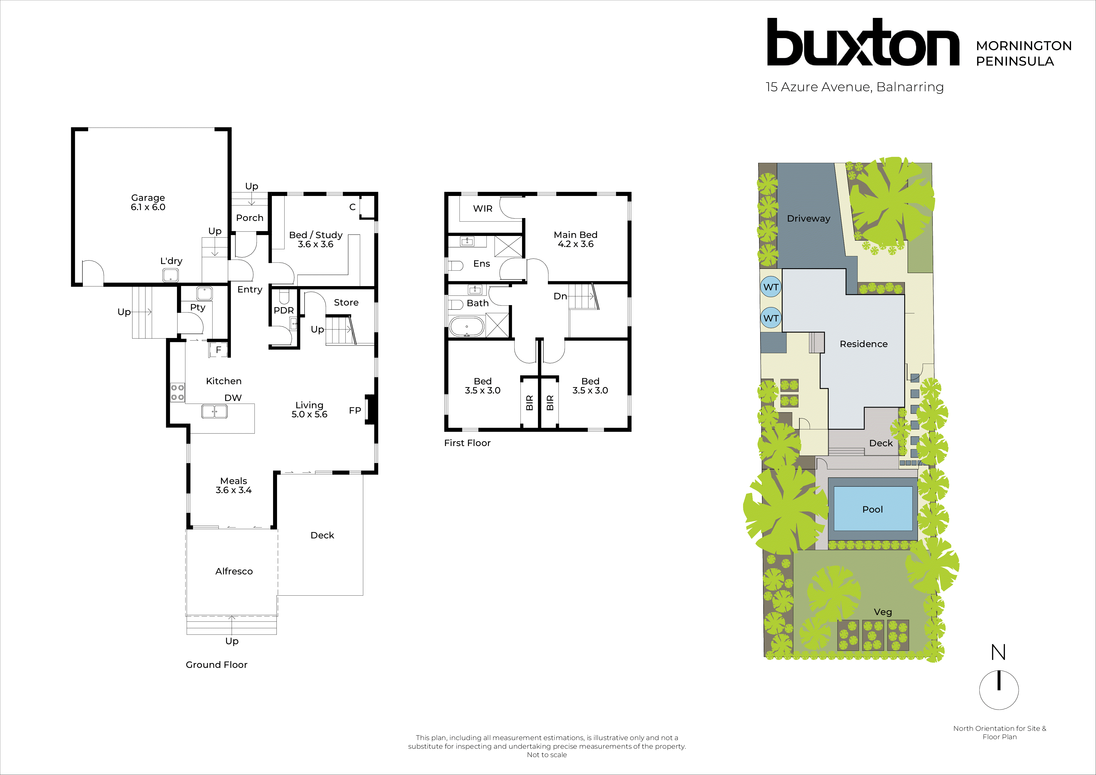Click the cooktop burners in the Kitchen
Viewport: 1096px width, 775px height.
pos(178,392)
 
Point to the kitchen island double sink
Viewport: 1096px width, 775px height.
pos(214,411)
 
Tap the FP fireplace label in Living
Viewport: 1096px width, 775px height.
pos(355,410)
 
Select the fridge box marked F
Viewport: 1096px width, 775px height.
pos(218,350)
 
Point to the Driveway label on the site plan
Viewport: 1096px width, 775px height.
pos(808,218)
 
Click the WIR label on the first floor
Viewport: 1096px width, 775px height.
pos(482,209)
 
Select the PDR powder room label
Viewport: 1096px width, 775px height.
pos(283,310)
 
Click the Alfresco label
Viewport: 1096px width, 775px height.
pos(234,571)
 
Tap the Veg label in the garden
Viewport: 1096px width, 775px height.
pos(883,612)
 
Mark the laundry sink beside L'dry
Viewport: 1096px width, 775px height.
pos(170,275)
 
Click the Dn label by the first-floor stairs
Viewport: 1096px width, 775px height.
pos(560,296)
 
